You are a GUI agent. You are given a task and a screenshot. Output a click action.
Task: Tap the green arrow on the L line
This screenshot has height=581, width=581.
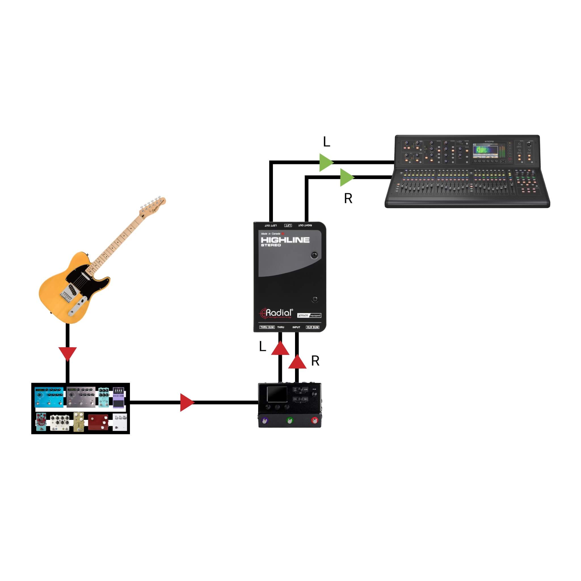(326, 162)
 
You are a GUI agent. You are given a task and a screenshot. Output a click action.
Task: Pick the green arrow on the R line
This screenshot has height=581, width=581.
(346, 177)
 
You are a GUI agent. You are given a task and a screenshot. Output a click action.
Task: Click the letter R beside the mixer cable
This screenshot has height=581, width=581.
(348, 199)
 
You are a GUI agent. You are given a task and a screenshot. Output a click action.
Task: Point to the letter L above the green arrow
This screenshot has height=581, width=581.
(327, 142)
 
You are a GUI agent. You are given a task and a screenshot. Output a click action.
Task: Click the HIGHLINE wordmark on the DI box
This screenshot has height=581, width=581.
(285, 240)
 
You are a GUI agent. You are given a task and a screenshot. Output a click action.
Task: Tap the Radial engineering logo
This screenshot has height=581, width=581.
(276, 313)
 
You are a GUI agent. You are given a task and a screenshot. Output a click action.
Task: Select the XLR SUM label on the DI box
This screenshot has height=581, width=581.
(312, 327)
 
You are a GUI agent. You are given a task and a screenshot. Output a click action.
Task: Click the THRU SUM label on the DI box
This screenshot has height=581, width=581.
(267, 327)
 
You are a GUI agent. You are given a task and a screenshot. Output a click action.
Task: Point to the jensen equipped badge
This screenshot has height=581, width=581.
(309, 315)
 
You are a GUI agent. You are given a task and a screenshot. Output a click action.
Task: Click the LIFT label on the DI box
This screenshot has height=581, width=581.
(288, 225)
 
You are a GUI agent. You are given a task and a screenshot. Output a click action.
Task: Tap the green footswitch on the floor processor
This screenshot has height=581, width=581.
(289, 420)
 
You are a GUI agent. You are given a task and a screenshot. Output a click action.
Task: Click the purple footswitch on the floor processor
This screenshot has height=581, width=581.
(264, 421)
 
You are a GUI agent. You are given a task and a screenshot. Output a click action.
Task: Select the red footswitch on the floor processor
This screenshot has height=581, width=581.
(315, 420)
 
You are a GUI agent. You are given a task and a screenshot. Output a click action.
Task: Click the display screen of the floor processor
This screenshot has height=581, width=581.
(277, 394)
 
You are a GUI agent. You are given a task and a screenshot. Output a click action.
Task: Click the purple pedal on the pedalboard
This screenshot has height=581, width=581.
(119, 397)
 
